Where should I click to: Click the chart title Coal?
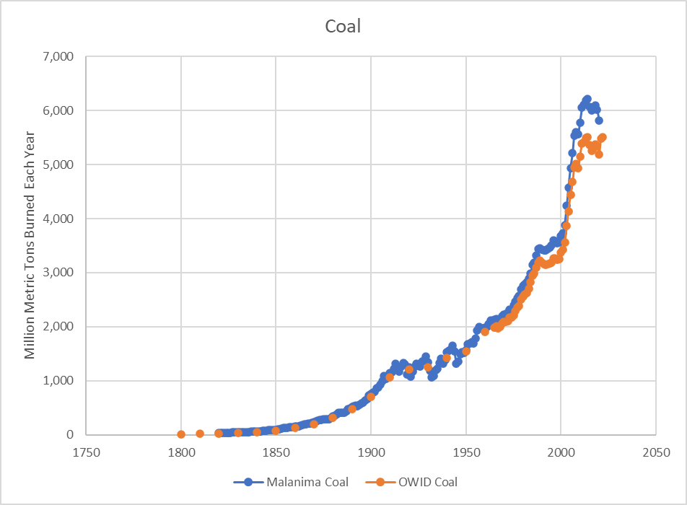pos(343,27)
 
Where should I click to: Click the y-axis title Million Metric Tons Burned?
pos(30,245)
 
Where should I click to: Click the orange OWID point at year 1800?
pos(181,434)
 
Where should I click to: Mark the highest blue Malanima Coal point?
pos(587,100)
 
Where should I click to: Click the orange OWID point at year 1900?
pos(371,397)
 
